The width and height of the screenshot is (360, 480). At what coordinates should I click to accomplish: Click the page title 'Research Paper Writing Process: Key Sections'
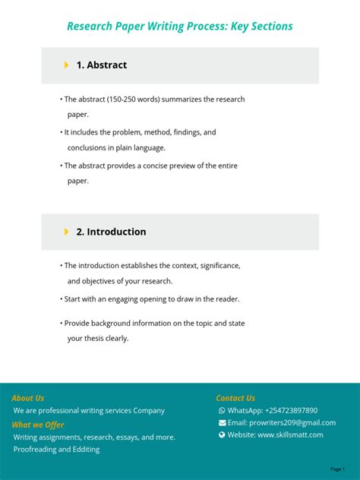click(179, 27)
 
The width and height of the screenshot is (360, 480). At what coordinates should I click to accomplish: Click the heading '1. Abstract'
click(101, 65)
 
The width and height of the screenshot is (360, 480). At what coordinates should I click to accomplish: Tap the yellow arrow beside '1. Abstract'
click(67, 65)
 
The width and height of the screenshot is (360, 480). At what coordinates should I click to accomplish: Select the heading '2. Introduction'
click(111, 232)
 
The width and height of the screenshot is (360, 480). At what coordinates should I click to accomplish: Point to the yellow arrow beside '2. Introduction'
click(67, 232)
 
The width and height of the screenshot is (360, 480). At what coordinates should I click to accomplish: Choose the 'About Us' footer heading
click(28, 398)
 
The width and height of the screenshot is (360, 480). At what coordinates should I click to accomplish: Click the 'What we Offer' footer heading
click(38, 425)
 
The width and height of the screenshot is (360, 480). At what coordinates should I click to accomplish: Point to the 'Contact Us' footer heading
click(235, 398)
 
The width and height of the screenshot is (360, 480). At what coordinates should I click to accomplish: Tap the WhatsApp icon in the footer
click(222, 411)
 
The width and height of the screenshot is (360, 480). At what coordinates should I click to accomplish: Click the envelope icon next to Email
click(222, 423)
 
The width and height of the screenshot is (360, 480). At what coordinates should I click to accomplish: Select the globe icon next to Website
click(222, 435)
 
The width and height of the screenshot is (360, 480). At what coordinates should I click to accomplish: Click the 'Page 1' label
click(337, 469)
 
